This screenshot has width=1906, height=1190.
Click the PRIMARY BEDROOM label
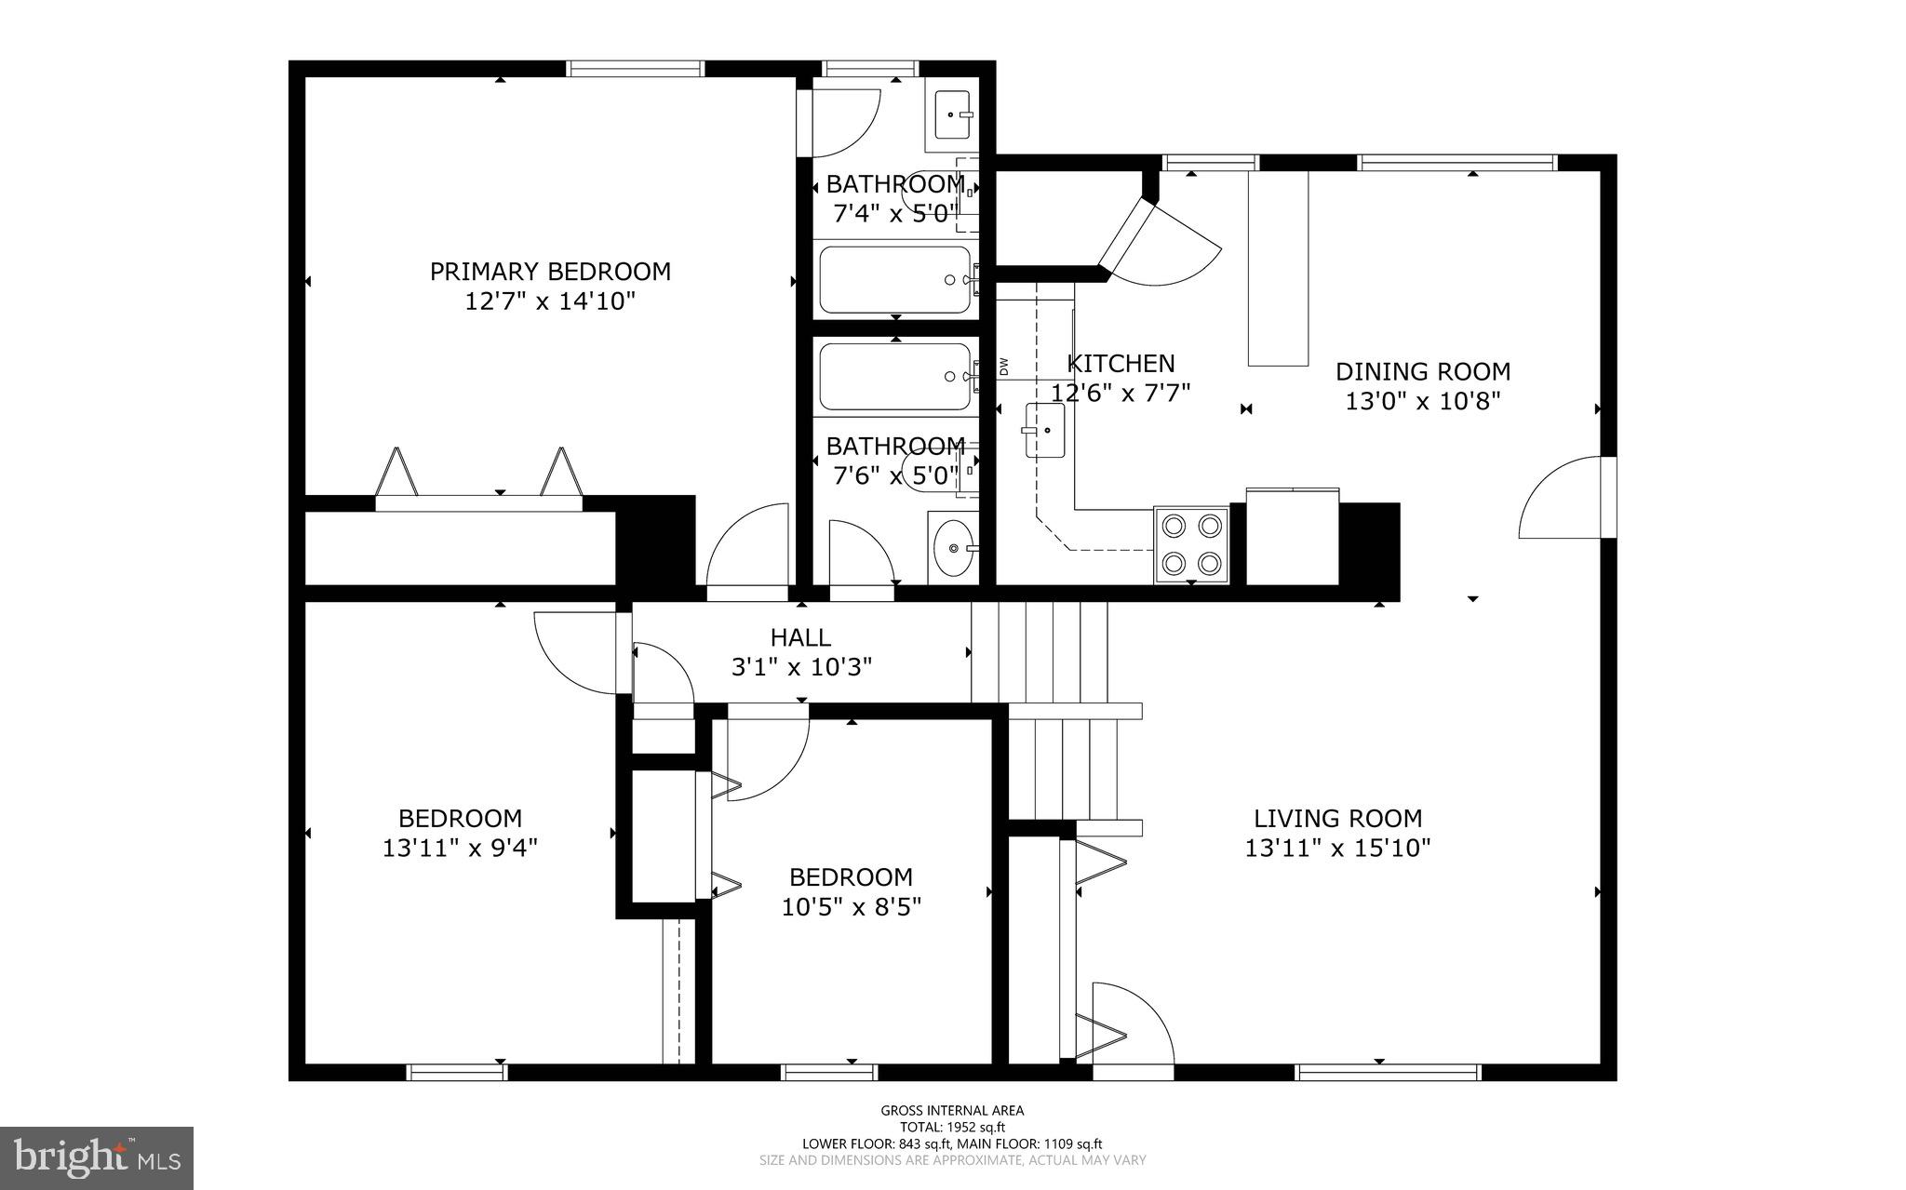[x=549, y=272]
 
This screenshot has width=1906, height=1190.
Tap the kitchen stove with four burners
[x=1191, y=544]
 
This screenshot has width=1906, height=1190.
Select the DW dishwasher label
[x=1004, y=367]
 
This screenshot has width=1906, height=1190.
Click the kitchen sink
[x=1045, y=431]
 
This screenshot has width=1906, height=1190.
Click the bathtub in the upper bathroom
[x=895, y=279]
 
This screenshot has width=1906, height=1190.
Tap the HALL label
[x=800, y=637]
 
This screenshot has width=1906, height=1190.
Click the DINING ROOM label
[x=1422, y=371]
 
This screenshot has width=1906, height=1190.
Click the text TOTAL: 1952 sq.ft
[x=952, y=1127]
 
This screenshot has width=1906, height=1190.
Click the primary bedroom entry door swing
[x=749, y=549]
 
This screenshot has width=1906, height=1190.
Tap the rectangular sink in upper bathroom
[x=952, y=115]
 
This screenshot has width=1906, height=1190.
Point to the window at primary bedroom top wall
[x=635, y=68]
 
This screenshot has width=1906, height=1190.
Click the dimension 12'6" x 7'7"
[x=1121, y=393]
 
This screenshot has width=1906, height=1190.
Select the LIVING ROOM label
[x=1337, y=819]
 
